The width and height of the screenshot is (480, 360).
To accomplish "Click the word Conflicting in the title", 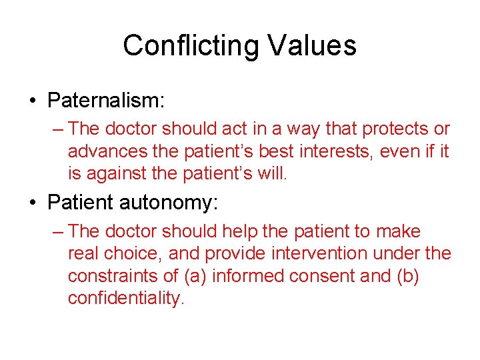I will pyautogui.click(x=191, y=46).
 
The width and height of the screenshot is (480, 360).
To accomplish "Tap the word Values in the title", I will pyautogui.click(x=311, y=46).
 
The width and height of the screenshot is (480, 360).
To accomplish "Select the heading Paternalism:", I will pyautogui.click(x=106, y=101).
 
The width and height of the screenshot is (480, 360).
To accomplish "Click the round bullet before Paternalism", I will pyautogui.click(x=32, y=101).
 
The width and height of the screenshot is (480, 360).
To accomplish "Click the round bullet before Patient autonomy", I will pyautogui.click(x=32, y=203).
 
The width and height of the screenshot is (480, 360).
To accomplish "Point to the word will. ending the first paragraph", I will pyautogui.click(x=273, y=174).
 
